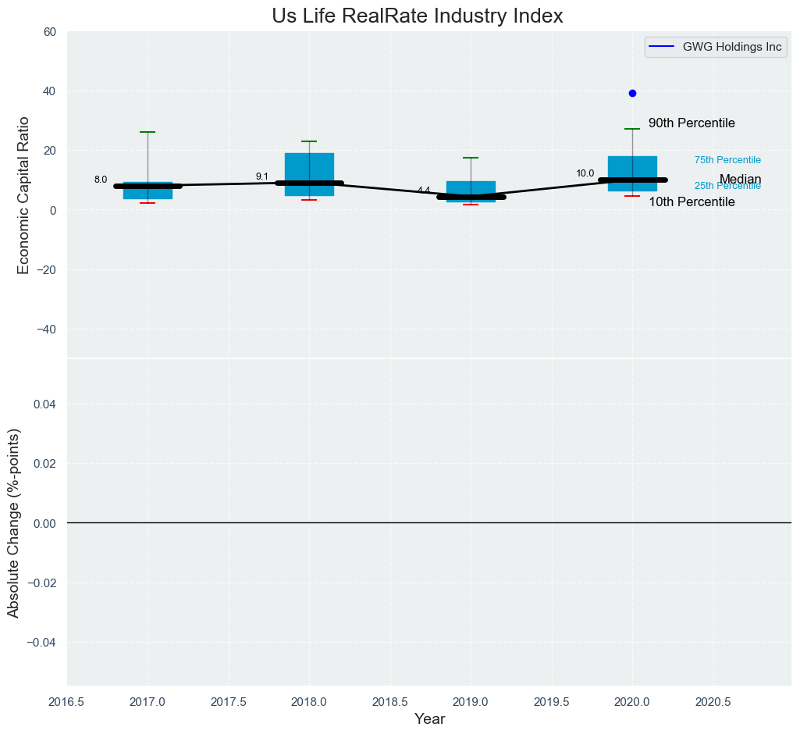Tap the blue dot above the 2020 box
[x=632, y=93]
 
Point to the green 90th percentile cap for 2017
[x=148, y=132]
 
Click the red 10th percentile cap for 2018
[x=309, y=200]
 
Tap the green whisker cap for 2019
[x=471, y=158]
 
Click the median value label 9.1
[x=261, y=176]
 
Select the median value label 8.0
[x=101, y=180]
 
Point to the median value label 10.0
[x=585, y=173]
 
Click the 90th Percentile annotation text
[x=692, y=123]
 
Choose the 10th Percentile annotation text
[x=692, y=202]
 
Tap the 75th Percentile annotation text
[x=727, y=160]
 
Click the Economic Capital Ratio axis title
[x=23, y=194]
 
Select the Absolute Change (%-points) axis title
[x=13, y=522]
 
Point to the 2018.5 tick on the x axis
[x=390, y=701]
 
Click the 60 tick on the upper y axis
[x=50, y=32]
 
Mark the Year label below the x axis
[x=429, y=719]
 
